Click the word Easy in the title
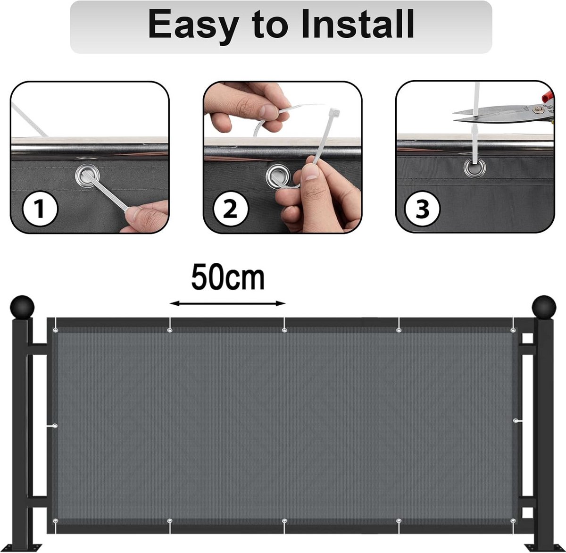click(194, 26)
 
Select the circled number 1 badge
click(40, 209)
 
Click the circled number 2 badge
click(231, 209)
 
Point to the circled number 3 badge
click(422, 209)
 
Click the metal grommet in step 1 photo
click(87, 176)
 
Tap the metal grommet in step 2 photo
click(278, 176)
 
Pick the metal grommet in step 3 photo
click(474, 168)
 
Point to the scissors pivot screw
click(538, 109)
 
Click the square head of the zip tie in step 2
click(334, 112)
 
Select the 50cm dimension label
click(228, 277)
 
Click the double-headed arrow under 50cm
click(227, 304)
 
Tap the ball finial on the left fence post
click(22, 308)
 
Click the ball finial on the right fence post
click(544, 308)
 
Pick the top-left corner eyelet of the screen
click(55, 330)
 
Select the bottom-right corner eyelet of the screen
click(513, 520)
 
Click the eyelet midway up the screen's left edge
click(55, 426)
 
